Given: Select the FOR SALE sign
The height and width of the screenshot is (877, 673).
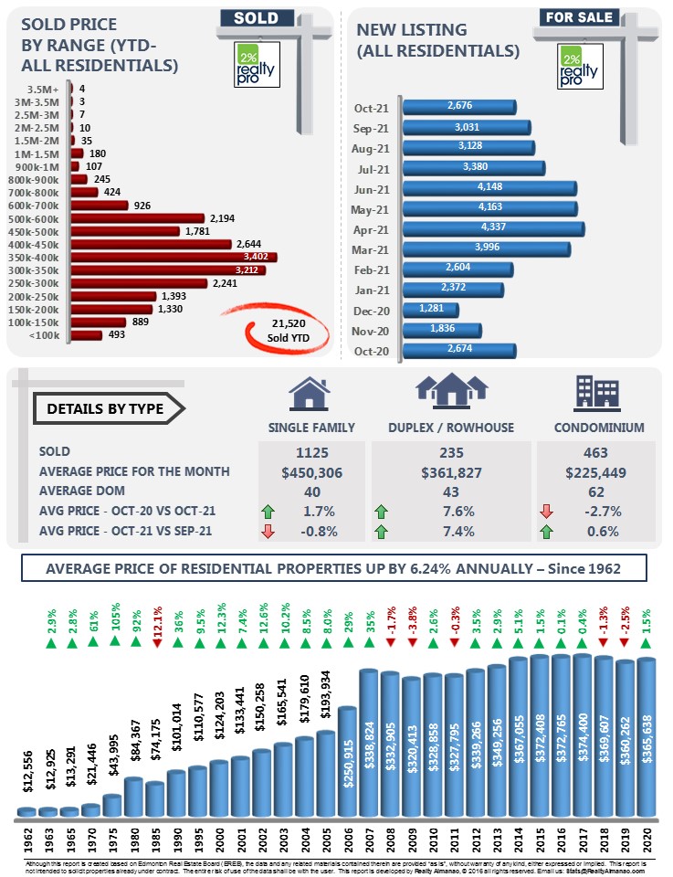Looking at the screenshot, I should click(x=579, y=17).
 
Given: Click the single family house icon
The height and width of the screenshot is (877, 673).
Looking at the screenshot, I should click(x=310, y=395).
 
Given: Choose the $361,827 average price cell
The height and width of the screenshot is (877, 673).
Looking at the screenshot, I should click(x=451, y=471).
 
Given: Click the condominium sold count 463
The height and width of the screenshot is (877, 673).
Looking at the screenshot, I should click(x=595, y=451).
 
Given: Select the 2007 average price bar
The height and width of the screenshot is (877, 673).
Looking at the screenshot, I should click(x=369, y=740).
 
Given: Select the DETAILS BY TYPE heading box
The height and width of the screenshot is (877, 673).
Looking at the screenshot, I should click(x=106, y=408).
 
